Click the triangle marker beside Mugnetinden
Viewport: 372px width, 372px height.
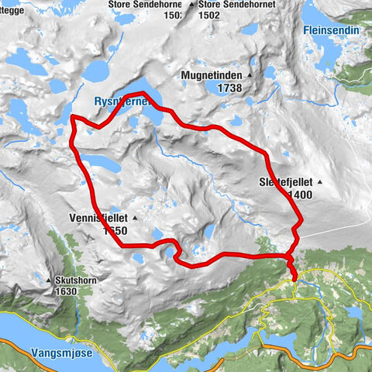[251, 75]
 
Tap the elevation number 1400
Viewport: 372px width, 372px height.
[299, 195]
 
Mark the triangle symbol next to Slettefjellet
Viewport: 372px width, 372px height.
[318, 182]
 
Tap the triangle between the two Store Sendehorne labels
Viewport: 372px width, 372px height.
[191, 3]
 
